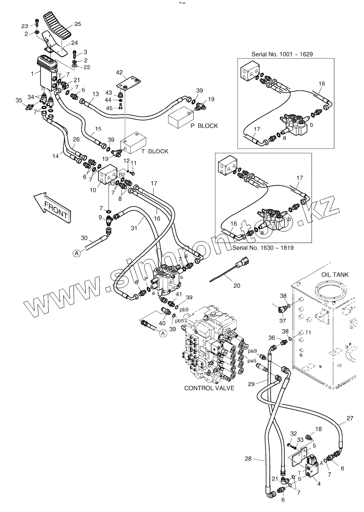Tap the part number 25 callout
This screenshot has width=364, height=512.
coord(77,24)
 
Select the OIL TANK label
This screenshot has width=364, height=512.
coord(334,275)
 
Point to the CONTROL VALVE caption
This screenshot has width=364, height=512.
coord(209,388)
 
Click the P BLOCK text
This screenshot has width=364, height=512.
coord(204,126)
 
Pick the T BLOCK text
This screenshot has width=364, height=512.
coord(155,151)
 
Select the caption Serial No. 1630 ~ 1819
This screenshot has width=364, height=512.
coord(263,248)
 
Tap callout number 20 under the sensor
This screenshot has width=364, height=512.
coord(237,285)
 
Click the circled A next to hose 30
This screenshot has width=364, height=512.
coord(77,254)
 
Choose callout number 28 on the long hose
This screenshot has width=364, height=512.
coord(248,459)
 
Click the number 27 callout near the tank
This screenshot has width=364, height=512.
coord(350,418)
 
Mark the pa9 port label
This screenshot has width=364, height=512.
coord(253,351)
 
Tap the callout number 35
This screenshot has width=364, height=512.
coord(19,100)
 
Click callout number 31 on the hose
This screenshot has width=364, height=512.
coord(134,228)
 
